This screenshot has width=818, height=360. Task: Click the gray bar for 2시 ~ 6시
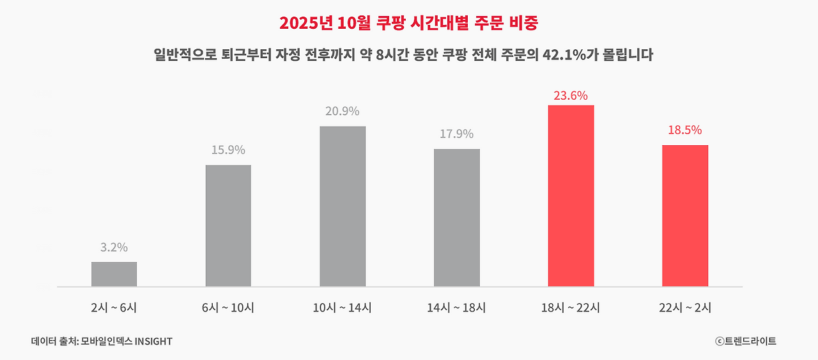click(114, 274)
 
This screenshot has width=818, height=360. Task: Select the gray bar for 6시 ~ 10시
click(228, 226)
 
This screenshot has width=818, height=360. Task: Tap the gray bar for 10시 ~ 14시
click(343, 207)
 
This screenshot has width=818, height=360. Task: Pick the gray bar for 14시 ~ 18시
click(457, 217)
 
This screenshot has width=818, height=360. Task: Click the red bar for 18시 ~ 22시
click(571, 196)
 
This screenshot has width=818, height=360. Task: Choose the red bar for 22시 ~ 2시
click(685, 215)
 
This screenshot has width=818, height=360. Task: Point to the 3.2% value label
click(114, 247)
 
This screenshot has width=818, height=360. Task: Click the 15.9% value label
click(228, 150)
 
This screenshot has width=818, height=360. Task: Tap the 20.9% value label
click(343, 111)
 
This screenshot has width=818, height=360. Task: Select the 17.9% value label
click(456, 134)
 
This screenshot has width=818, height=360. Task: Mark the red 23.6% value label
click(571, 96)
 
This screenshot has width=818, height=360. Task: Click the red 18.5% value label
click(685, 130)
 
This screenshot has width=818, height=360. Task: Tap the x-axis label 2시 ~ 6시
click(114, 308)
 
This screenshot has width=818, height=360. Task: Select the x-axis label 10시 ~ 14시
click(343, 308)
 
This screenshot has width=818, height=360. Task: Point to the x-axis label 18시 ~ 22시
click(571, 308)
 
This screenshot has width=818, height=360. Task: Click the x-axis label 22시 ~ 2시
click(685, 308)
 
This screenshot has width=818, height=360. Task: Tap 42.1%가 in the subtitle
click(567, 56)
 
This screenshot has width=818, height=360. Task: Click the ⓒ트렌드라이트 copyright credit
click(746, 341)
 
